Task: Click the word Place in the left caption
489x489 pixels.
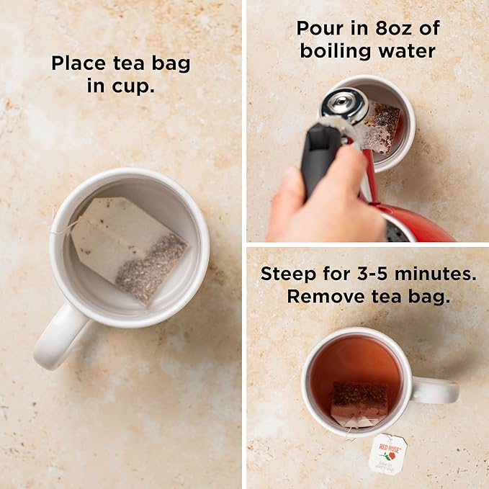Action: point(77,63)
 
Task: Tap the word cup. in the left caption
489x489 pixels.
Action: point(140,86)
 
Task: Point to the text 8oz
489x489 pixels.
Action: point(401,29)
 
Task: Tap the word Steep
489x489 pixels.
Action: point(288,274)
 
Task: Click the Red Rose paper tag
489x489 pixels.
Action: point(387,454)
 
